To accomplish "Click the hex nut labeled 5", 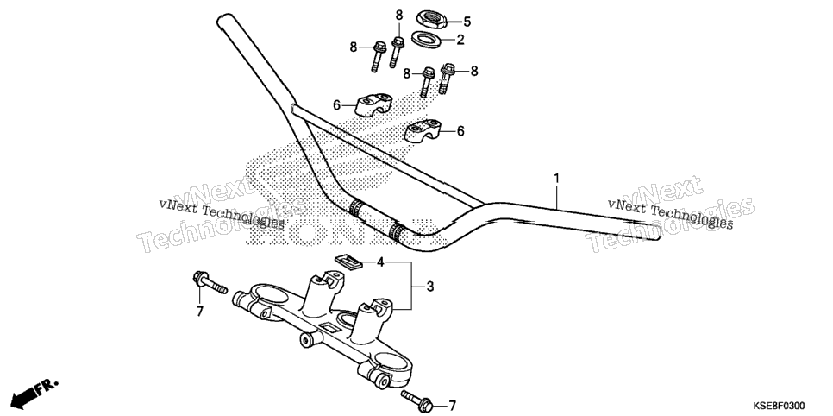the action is coord(431,19).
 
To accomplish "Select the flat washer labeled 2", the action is coord(427,40).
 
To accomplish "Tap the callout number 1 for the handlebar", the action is coord(556,178).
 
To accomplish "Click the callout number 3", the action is coord(430,287).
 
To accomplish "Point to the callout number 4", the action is coord(380,262).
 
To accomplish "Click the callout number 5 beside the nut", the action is coord(467,22).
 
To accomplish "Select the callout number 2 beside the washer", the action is coord(460,40).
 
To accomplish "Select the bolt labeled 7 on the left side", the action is coord(209,282).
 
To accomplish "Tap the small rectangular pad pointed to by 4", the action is coord(347,260).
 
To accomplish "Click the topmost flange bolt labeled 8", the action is coord(397,52).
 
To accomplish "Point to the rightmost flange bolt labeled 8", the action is coord(447,79).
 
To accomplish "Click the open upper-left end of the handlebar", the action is coord(222,19).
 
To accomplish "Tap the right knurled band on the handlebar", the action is coord(397,231).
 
